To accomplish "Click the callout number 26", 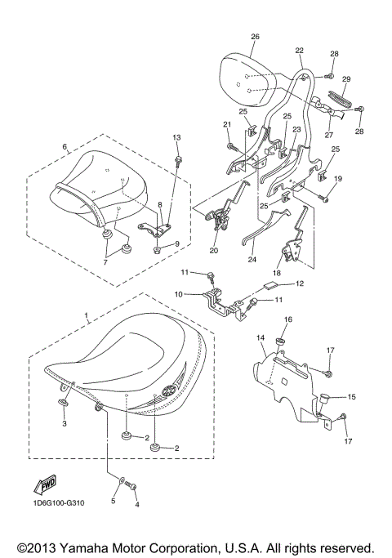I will click(x=255, y=37).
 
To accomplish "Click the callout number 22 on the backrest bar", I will click(x=300, y=51).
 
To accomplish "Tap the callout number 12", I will click(x=300, y=283).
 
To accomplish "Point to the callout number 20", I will click(x=214, y=251).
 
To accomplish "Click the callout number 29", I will click(x=345, y=78).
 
